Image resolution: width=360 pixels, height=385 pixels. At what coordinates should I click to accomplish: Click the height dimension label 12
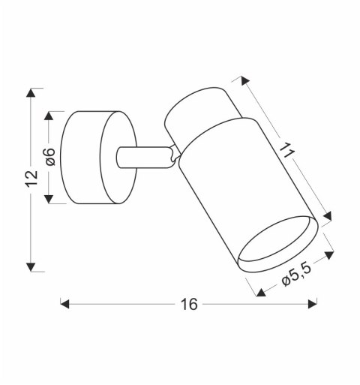pos(31,179)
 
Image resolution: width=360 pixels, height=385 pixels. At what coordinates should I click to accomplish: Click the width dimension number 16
pos(188,304)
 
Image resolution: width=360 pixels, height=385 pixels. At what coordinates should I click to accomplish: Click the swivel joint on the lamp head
pos(174,155)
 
